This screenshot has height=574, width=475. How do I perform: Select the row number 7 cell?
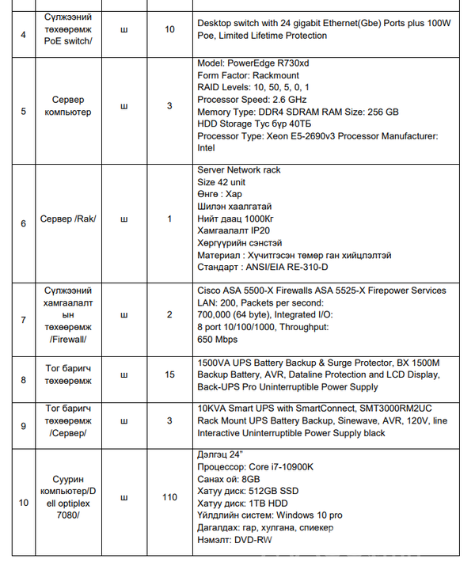point(23,320)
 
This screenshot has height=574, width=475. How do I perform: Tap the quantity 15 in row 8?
point(170,374)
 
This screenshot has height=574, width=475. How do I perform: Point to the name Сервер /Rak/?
point(68,219)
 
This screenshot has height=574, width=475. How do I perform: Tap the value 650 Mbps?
point(217,339)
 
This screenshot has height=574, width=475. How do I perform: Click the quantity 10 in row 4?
point(170,29)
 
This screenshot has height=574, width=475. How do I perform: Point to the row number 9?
point(23,426)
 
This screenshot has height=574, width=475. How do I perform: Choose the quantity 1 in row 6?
point(170,219)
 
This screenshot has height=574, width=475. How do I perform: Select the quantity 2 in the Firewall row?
point(170,314)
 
